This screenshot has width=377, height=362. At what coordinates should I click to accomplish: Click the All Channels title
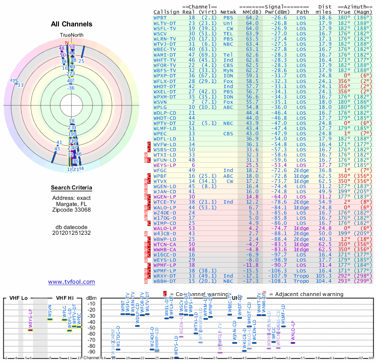[72, 24]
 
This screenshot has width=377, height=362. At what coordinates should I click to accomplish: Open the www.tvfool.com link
[72, 282]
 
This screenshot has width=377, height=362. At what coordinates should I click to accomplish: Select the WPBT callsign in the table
[160, 17]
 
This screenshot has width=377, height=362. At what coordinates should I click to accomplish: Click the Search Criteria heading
[72, 188]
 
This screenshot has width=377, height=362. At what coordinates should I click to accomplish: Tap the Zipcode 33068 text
[72, 210]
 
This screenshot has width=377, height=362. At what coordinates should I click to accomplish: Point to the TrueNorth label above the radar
[71, 36]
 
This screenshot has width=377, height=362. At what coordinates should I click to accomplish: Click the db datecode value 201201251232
[72, 232]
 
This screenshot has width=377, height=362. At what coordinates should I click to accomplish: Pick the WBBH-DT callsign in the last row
[165, 281]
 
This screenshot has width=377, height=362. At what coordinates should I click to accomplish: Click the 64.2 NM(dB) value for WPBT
[252, 17]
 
